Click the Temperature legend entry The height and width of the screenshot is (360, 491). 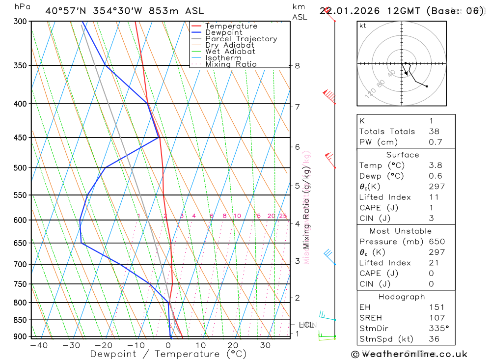tap(231, 26)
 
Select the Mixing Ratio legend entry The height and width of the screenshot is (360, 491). tap(231, 64)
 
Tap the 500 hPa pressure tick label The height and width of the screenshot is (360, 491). tap(20, 168)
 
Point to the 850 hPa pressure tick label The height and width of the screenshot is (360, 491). tap(20, 320)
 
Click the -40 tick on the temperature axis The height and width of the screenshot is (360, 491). tap(38, 345)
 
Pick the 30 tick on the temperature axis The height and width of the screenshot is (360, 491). tap(266, 345)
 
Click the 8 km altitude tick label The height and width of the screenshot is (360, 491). tap(298, 66)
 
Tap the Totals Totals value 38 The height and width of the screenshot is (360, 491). tap(434, 132)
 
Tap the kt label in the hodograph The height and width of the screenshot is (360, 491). tap(363, 26)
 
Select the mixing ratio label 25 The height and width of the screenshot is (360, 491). tap(283, 216)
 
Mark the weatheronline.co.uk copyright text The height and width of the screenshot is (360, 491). tap(409, 354)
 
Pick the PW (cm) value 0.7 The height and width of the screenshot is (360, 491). tap(436, 142)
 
